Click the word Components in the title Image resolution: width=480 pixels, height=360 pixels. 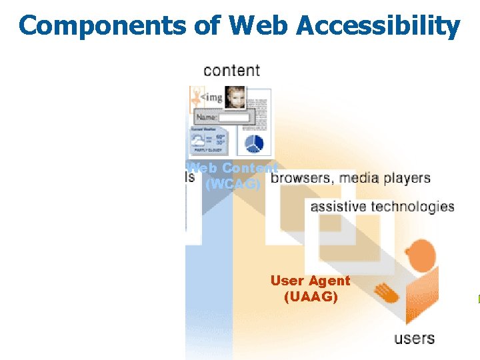(x=103, y=25)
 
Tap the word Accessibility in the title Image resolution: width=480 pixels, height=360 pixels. (x=377, y=25)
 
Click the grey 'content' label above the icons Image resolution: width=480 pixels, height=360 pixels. (x=231, y=70)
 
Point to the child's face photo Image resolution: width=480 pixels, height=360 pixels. (x=235, y=97)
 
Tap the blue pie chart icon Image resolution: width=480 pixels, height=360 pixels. (x=254, y=143)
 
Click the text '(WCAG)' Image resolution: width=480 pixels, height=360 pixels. (x=232, y=183)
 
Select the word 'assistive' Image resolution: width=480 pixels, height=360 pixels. (x=339, y=207)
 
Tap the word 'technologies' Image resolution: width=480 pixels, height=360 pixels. (x=413, y=207)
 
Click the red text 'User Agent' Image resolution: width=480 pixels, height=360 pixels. (x=310, y=281)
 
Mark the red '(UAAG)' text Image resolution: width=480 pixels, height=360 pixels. (x=311, y=297)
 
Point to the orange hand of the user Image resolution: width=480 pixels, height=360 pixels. (x=385, y=291)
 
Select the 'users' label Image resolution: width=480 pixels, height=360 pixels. (x=414, y=339)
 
